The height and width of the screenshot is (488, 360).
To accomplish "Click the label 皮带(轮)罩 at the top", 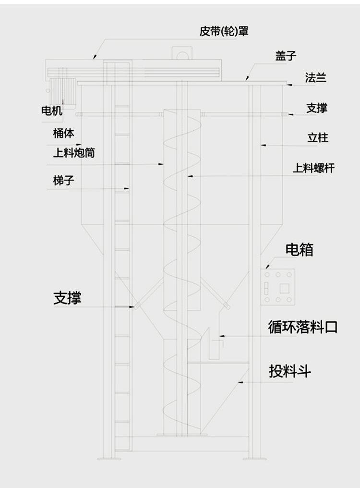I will tap(224, 32).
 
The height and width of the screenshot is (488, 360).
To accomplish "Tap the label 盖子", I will tap(286, 56).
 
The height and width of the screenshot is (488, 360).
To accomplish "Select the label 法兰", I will tap(316, 77).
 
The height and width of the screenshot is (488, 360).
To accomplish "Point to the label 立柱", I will tap(317, 138).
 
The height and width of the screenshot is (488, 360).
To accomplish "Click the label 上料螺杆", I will tap(314, 168).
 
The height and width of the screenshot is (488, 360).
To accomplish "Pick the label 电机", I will tap(51, 111).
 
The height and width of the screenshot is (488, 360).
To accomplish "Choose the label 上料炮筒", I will tap(73, 153).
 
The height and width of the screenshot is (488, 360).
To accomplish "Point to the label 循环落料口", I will tap(303, 328).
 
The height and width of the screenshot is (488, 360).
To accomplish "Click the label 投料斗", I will tap(290, 371).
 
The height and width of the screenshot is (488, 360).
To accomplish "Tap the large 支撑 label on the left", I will tap(67, 298).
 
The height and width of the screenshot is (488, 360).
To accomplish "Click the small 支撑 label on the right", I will tap(317, 108).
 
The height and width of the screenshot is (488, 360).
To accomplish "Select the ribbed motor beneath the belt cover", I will tap(63, 90).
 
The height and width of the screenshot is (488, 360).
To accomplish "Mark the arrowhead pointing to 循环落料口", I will tap(219, 335).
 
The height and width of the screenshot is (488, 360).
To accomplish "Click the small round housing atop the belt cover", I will tap(181, 54).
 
